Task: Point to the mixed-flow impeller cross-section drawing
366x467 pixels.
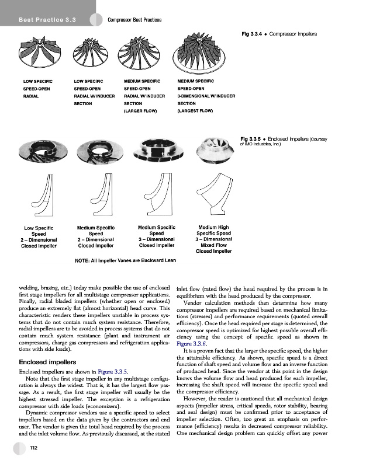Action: tap(213, 196)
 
